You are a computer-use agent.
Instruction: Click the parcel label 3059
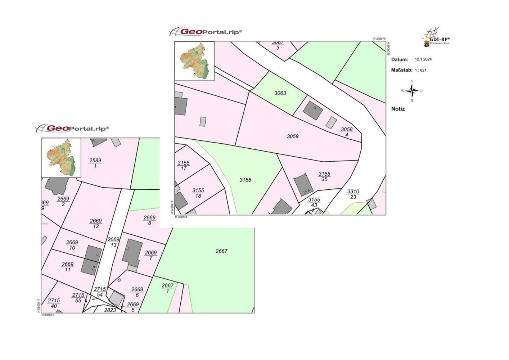pos(292,136)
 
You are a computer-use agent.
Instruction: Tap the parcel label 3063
pos(280,93)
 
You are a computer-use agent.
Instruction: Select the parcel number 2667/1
pos(168,288)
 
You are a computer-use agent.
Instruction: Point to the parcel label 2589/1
pos(95,163)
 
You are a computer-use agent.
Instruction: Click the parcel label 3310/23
pos(353,194)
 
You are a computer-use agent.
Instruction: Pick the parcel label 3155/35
pos(324,176)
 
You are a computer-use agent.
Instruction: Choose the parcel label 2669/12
pos(96,224)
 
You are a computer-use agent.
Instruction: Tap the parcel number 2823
pos(110,310)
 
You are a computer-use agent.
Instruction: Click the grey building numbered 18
pos(312,110)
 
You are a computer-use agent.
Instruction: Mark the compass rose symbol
pos(412,91)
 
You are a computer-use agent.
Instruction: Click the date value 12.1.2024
pos(423,59)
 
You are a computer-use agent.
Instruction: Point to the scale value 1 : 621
pos(420,70)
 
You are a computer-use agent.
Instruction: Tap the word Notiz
pos(398,109)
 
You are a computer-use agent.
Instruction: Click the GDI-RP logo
pos(436,37)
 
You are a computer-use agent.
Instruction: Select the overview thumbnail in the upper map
pos(194,61)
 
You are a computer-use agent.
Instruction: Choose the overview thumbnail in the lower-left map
pos(61,158)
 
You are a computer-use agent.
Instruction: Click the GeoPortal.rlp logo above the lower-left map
pos(72,128)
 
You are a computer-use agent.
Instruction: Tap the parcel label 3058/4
pos(347,132)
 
